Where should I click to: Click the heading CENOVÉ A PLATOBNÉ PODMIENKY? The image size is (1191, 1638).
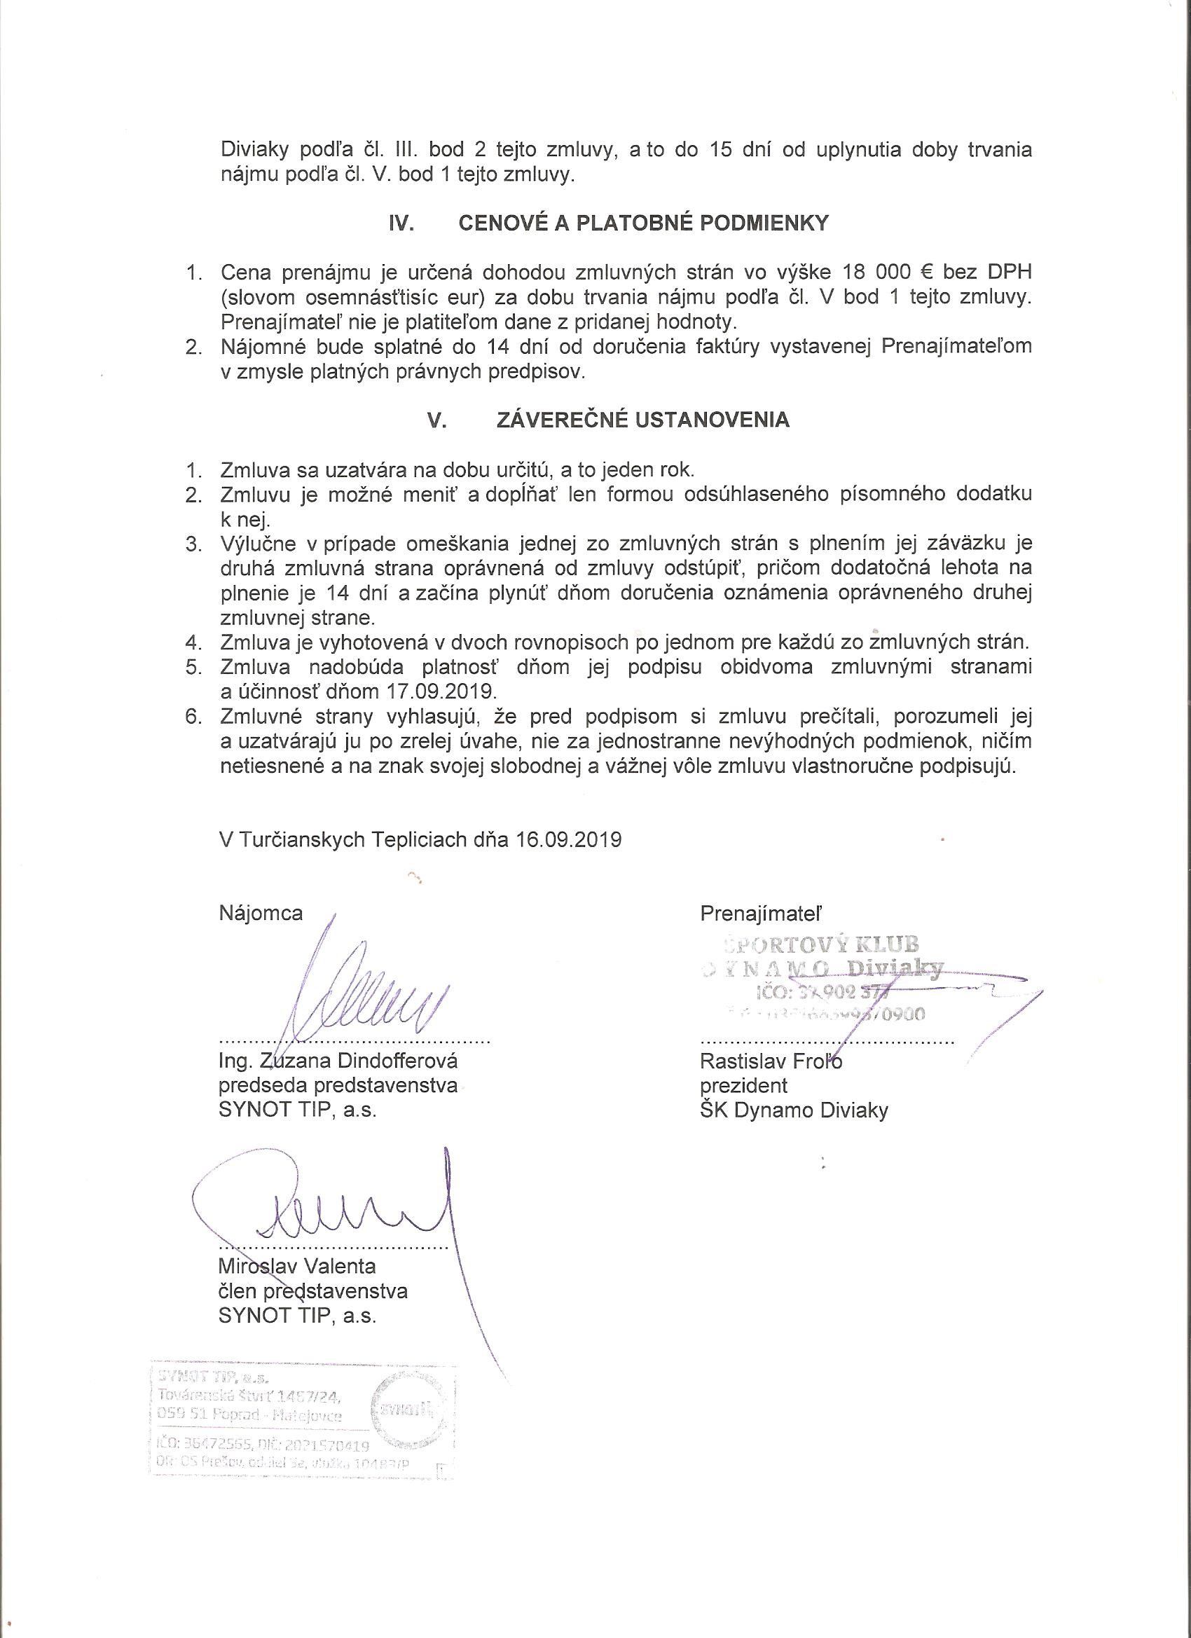[644, 223]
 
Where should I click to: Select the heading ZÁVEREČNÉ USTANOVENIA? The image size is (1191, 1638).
[644, 420]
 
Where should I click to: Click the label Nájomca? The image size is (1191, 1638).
[261, 913]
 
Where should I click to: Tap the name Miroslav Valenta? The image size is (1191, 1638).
[297, 1266]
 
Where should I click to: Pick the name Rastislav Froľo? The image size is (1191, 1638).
[771, 1061]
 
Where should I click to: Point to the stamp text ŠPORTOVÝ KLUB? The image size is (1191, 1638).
[819, 944]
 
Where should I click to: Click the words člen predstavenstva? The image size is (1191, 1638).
[312, 1291]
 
